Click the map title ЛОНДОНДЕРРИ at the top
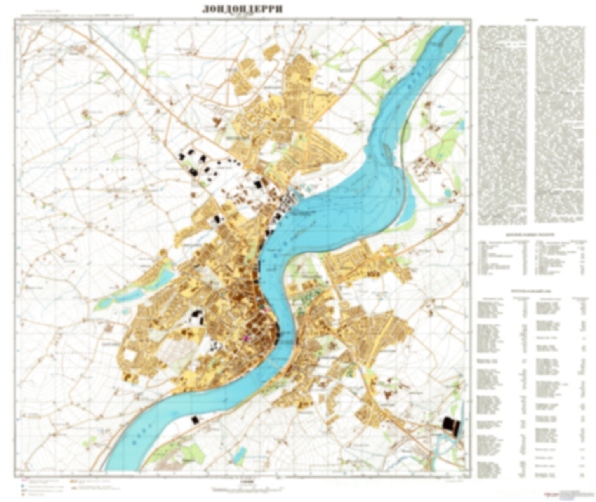pos(242,9)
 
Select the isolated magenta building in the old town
pos(247,338)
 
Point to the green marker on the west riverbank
pos(262,307)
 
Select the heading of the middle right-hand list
pos(531,235)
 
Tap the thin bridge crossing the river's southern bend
pos(273,363)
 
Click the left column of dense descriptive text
pos(502,124)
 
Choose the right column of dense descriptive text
pos(560,124)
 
